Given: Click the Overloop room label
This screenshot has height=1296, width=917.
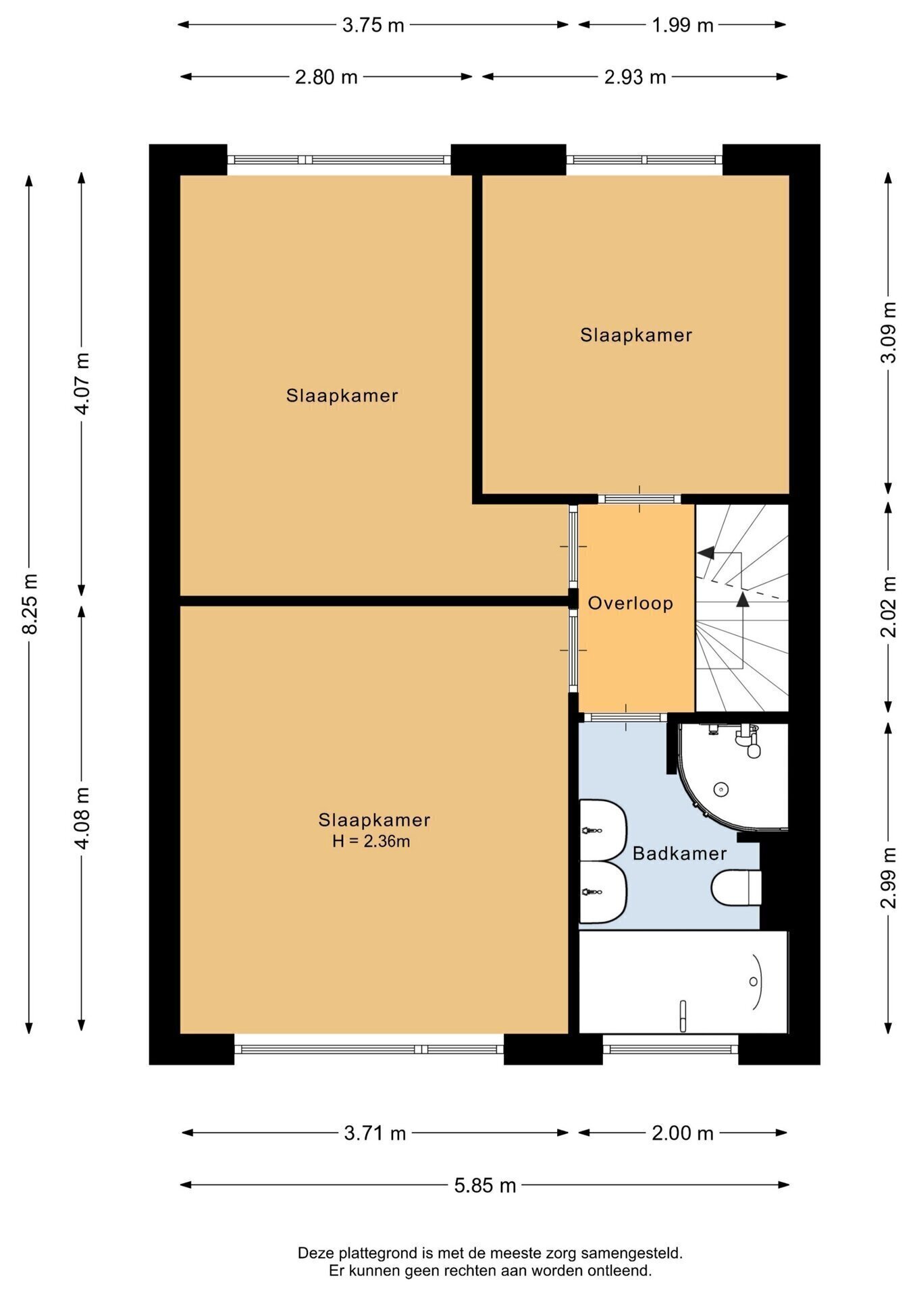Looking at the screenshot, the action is click(630, 603).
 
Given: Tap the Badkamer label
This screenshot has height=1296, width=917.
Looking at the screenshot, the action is click(679, 853).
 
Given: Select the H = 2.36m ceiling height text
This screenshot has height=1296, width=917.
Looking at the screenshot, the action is click(371, 841).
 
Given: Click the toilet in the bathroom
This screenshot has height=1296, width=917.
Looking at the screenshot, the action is click(736, 888).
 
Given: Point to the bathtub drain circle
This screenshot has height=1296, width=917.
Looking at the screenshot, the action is click(754, 982).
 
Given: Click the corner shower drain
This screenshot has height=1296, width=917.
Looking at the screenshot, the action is click(721, 788).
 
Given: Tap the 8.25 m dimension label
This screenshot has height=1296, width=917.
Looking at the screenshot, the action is click(30, 603).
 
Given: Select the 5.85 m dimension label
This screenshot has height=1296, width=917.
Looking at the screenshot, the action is click(485, 1185).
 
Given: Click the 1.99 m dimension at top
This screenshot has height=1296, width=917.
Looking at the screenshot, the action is click(682, 25).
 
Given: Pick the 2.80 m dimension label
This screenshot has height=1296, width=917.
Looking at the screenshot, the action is click(326, 77).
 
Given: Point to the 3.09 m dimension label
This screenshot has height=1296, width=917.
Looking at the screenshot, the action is click(889, 332).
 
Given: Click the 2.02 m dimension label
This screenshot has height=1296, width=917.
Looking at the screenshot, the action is click(889, 606).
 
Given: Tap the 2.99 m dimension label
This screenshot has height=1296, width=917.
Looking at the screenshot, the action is click(889, 877).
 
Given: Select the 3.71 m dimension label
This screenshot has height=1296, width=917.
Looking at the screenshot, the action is click(375, 1133).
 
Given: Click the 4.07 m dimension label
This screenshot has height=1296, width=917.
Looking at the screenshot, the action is click(82, 383).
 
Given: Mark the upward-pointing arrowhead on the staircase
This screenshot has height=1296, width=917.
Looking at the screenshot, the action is click(742, 599).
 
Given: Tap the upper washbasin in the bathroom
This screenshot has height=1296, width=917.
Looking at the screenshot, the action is click(603, 830).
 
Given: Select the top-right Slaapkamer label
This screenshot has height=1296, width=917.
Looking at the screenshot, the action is click(636, 335).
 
